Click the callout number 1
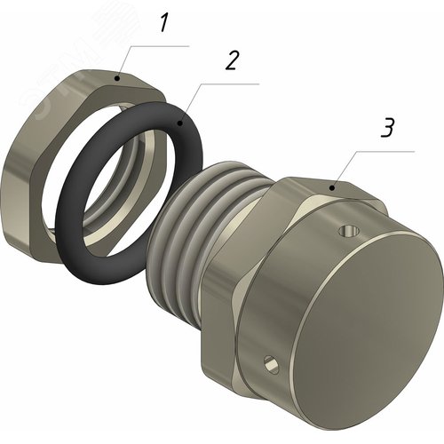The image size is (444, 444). click(163, 23)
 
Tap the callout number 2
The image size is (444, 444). click(232, 60)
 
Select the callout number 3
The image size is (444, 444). click(387, 128)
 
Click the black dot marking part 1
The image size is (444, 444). click(117, 78)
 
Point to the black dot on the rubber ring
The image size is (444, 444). click(179, 123)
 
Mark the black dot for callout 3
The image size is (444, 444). click(332, 187)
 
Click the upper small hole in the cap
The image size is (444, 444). click(349, 231)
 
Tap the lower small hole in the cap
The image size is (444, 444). click(272, 364)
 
